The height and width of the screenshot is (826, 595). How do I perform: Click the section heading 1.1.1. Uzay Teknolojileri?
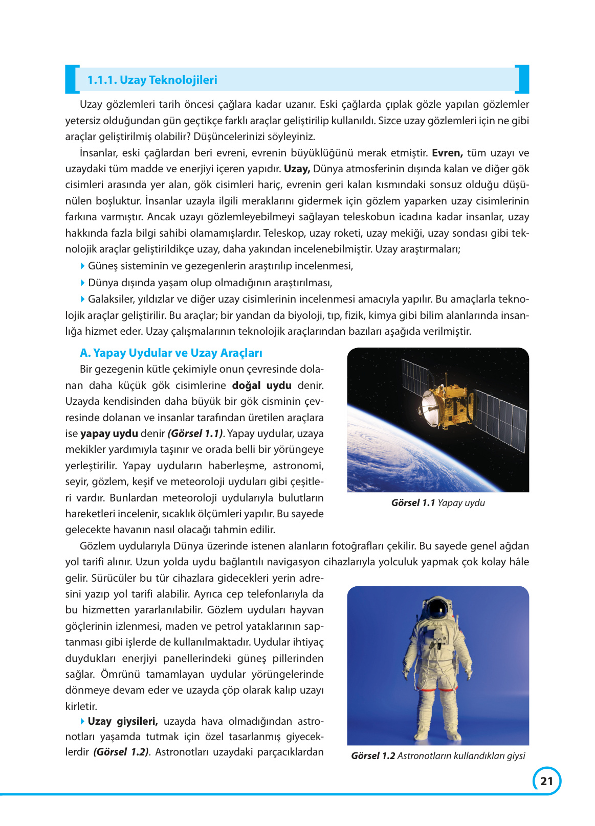(x=152, y=80)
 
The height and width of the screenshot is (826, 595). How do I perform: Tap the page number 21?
(x=546, y=781)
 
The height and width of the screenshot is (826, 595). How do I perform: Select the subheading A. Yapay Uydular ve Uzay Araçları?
(x=171, y=353)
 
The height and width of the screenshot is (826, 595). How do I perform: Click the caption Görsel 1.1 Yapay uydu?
(x=438, y=503)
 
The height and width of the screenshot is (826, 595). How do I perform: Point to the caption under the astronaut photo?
(x=438, y=756)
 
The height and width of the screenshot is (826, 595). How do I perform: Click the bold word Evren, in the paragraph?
(x=447, y=153)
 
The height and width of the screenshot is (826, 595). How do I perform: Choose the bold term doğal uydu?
(x=261, y=385)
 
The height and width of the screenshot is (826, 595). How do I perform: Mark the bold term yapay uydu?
(x=109, y=433)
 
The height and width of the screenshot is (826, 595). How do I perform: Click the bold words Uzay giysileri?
(x=122, y=721)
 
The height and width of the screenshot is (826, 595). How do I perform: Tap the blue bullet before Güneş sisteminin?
(x=83, y=266)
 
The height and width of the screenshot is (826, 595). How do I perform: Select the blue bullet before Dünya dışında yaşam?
(x=83, y=283)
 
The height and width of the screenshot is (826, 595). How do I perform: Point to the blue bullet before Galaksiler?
(x=83, y=299)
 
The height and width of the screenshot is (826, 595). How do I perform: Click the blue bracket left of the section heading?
(x=71, y=80)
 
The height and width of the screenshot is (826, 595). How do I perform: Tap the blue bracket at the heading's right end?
(x=523, y=80)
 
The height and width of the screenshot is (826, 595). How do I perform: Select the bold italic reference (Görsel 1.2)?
(x=121, y=752)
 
